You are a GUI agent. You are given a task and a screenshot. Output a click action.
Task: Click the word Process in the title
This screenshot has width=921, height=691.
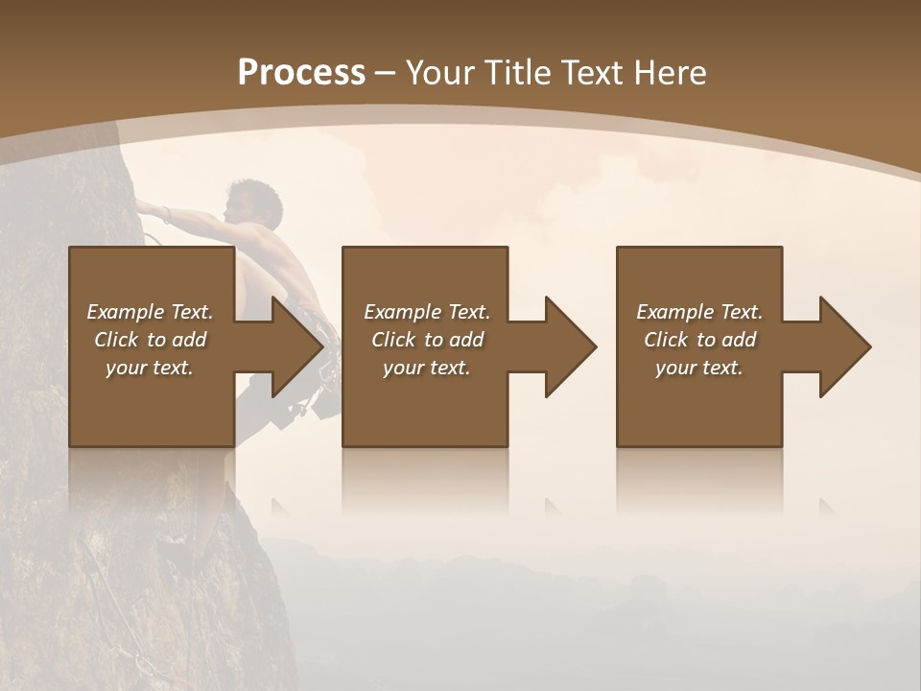click(301, 73)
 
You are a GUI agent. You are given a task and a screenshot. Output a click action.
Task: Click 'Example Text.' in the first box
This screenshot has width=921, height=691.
click(150, 312)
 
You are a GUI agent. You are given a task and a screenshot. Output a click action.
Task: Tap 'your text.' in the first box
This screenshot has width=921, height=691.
click(150, 368)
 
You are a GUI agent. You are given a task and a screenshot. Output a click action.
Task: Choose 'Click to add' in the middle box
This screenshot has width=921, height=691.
click(427, 340)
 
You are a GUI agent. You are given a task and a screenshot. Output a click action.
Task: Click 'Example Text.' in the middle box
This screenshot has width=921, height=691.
click(427, 312)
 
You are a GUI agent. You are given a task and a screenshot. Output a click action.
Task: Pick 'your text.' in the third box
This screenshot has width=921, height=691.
click(699, 368)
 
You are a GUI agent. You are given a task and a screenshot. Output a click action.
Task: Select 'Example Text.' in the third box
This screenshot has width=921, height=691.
click(699, 312)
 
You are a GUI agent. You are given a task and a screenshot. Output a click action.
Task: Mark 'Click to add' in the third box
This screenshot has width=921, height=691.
click(699, 340)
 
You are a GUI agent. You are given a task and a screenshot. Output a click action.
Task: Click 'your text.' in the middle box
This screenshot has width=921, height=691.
click(427, 368)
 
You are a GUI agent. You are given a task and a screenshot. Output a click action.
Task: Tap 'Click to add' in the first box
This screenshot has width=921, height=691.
click(150, 340)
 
